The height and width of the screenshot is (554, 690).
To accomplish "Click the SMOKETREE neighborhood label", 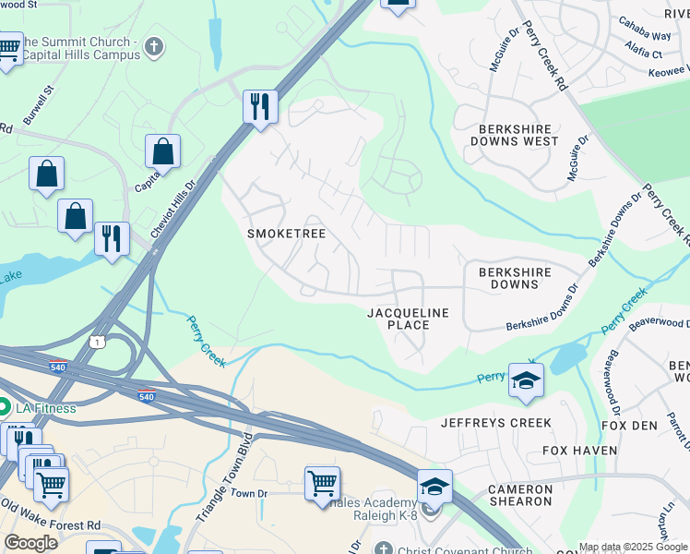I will click(287, 234).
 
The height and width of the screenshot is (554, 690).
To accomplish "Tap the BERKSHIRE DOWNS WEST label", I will click(514, 135).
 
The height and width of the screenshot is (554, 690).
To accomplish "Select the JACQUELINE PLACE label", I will click(408, 319).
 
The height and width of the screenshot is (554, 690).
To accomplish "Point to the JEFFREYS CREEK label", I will click(495, 423).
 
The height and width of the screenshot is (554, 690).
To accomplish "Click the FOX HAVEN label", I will click(579, 451).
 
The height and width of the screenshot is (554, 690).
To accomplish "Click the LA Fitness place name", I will click(44, 407).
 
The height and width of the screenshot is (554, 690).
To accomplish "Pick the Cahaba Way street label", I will click(645, 35).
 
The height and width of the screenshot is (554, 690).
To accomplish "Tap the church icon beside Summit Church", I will click(154, 46).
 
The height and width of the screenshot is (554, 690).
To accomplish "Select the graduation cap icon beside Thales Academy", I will click(434, 485).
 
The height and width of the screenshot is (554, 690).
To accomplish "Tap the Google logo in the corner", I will click(30, 543).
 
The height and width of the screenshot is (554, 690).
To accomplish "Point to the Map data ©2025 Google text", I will click(633, 547).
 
